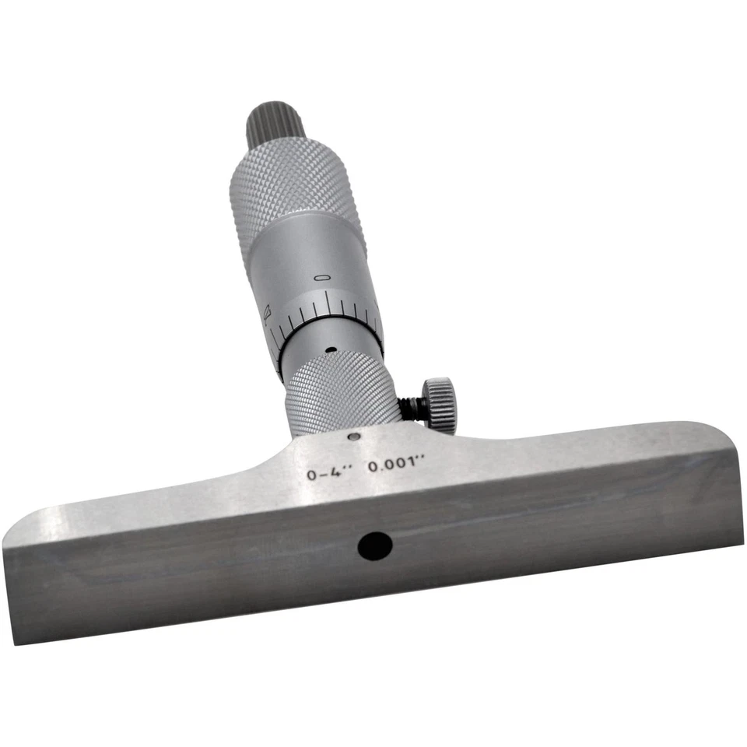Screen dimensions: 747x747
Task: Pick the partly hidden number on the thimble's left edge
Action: [x=267, y=314]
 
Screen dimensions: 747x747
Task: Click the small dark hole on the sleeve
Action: [x=330, y=350]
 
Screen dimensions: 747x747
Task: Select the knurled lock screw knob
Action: [x=440, y=404]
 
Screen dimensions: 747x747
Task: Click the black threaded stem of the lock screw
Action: [x=412, y=407]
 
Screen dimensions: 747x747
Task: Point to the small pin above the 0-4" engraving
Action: [x=353, y=437]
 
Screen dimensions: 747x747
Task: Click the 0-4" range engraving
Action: [x=330, y=472]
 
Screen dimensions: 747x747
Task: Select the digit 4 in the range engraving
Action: [x=343, y=470]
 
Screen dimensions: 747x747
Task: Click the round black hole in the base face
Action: [x=374, y=544]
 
